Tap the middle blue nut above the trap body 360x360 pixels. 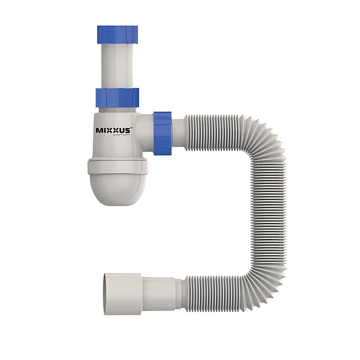coord(117,96)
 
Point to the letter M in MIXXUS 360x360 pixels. coord(99,130)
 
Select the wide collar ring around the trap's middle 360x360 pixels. coord(117,166)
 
